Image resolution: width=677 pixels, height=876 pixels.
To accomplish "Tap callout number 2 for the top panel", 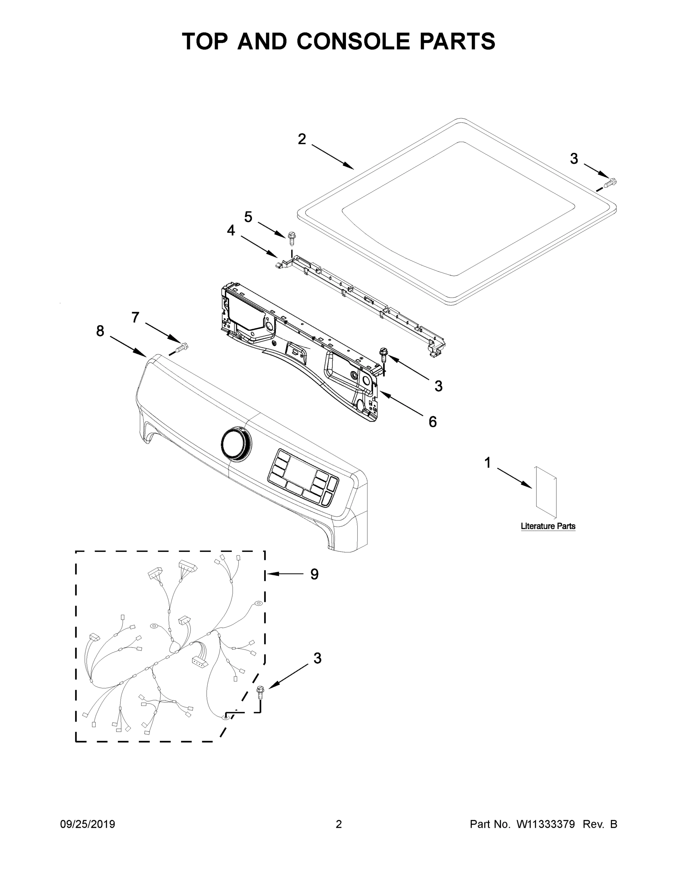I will pos(301,139).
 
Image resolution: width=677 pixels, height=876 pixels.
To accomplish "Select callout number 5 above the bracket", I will pos(248,217).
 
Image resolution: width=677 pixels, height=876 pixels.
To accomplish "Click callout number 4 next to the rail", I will pos(231,230).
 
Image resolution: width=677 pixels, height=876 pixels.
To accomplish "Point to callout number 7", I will pos(135,317).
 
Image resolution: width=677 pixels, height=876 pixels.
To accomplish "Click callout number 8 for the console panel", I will pos(100,331).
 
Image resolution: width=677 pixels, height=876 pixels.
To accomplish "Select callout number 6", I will pos(432,422).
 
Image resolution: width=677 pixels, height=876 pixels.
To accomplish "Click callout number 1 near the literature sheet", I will pos(487,463).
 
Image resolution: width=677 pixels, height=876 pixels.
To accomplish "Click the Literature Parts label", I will pos(548,526).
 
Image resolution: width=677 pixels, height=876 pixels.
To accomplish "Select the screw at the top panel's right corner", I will pos(609,184).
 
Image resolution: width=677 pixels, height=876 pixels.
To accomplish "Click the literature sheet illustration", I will pos(546,491).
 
